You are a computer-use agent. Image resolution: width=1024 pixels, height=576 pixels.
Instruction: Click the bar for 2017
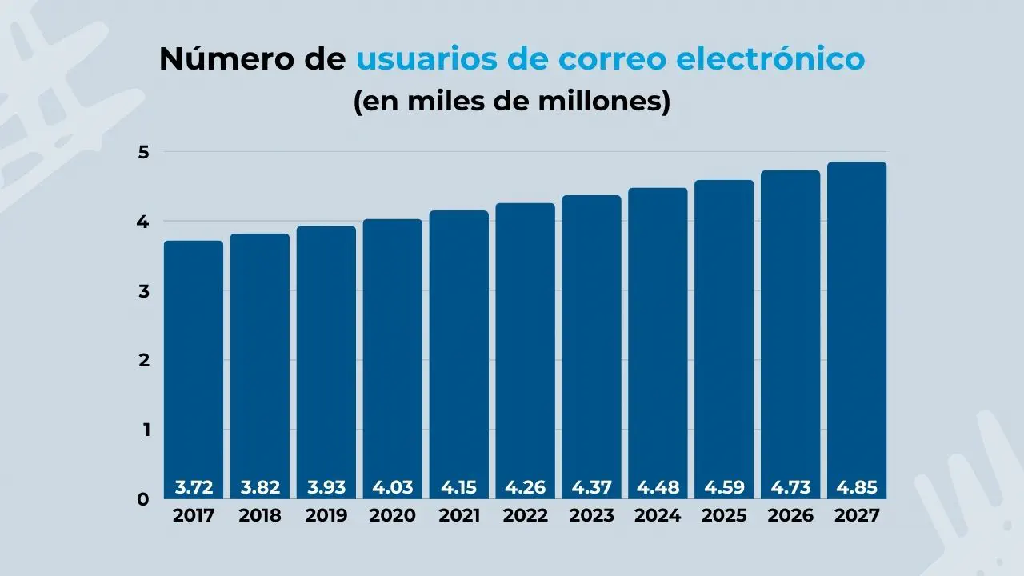pyautogui.click(x=194, y=368)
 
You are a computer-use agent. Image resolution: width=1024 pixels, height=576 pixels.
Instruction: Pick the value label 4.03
pyautogui.click(x=392, y=487)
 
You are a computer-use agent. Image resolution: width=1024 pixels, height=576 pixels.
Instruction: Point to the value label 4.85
pyautogui.click(x=857, y=487)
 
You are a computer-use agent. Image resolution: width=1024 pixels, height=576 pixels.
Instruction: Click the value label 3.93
pyautogui.click(x=326, y=487)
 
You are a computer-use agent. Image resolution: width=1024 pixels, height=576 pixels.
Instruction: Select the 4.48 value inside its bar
pyautogui.click(x=658, y=487)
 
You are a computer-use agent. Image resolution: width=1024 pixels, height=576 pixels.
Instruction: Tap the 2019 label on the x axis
pyautogui.click(x=326, y=516)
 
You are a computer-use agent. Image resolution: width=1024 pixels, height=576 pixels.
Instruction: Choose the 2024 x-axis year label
pyautogui.click(x=658, y=516)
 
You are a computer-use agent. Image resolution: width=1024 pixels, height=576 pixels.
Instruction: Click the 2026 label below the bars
pyautogui.click(x=790, y=516)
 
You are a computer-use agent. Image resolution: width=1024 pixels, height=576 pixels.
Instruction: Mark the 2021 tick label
pyautogui.click(x=459, y=516)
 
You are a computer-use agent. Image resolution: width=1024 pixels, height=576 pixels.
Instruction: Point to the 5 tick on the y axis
pyautogui.click(x=144, y=152)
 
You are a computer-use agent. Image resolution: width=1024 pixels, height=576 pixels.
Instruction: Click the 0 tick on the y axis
pyautogui.click(x=144, y=499)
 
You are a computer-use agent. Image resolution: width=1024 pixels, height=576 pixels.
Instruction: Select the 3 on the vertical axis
pyautogui.click(x=144, y=291)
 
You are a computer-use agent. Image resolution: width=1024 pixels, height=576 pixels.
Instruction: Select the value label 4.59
pyautogui.click(x=724, y=487)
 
